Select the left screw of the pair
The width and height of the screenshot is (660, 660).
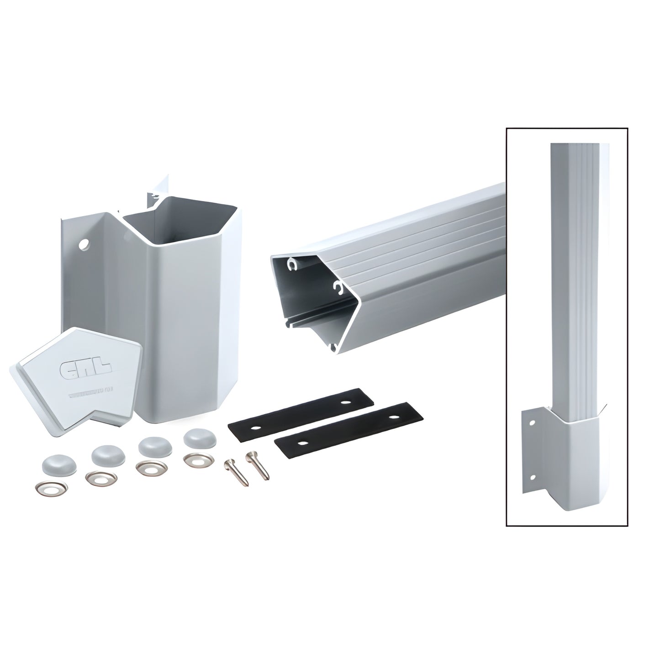[x=237, y=472]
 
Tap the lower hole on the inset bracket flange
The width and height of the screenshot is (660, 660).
[x=531, y=477]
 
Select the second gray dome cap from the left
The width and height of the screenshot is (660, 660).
[x=104, y=454]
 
